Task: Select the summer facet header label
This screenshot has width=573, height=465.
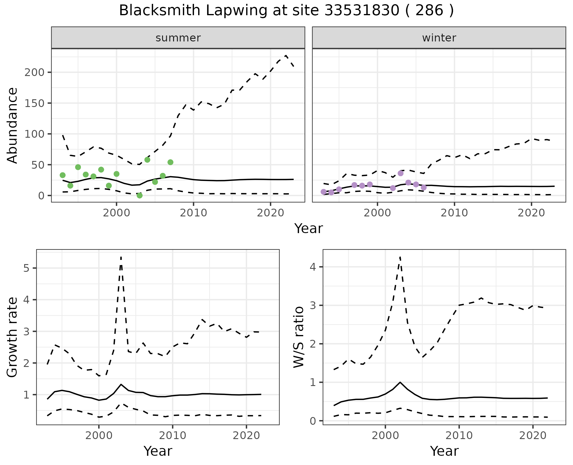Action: click(x=178, y=38)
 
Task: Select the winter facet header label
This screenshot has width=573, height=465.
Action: click(x=439, y=38)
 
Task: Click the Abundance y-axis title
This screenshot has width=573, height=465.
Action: click(x=13, y=125)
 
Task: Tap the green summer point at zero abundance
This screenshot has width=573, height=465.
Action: click(x=139, y=196)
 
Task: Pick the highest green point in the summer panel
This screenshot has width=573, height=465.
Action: click(x=147, y=160)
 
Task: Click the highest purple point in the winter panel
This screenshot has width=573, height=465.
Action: click(x=401, y=173)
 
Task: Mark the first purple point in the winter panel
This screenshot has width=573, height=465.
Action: click(x=324, y=192)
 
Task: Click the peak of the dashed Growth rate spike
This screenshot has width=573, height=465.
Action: click(x=121, y=257)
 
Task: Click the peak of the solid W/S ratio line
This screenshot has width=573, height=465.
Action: click(x=400, y=382)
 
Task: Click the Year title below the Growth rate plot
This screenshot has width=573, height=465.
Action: click(x=158, y=451)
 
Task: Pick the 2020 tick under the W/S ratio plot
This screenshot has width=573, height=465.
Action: click(x=533, y=436)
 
